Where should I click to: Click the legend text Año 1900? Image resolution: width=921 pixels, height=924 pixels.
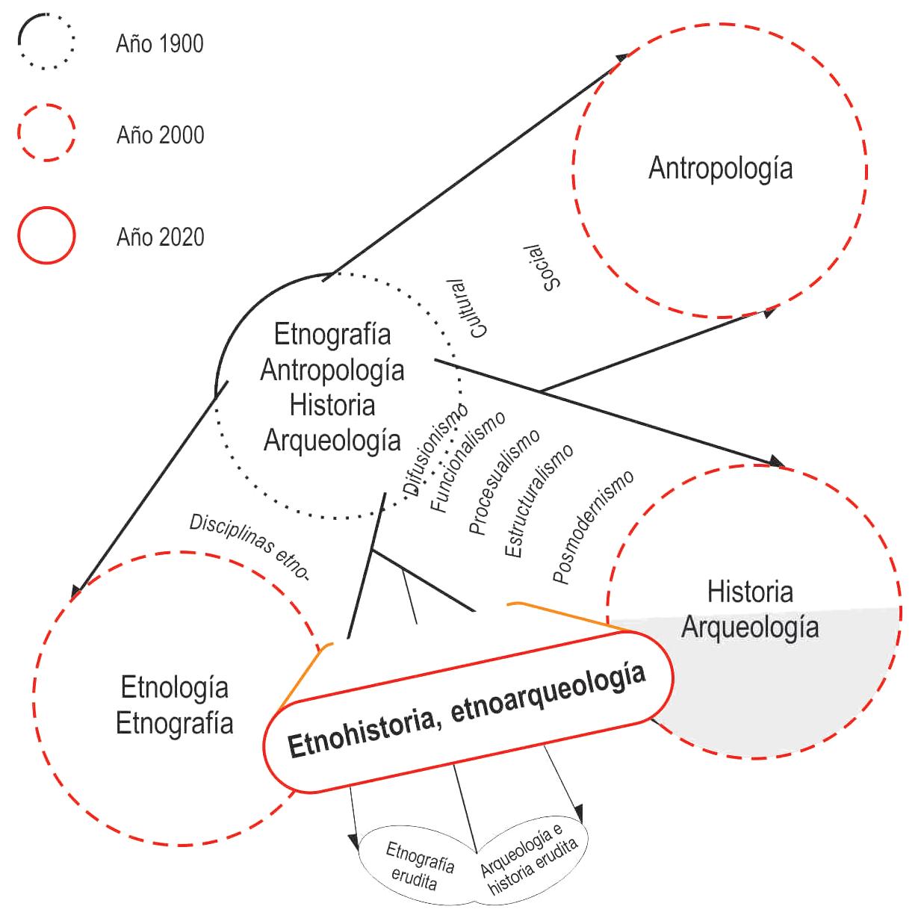click(159, 44)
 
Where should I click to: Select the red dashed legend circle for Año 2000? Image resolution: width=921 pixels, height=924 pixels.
click(46, 134)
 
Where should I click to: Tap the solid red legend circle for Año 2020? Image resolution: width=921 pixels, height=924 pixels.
click(46, 235)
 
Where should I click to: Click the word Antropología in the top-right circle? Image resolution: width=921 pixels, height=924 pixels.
click(720, 168)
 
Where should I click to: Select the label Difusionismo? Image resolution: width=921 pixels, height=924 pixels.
click(435, 448)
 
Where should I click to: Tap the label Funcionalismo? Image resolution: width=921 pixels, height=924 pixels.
click(468, 462)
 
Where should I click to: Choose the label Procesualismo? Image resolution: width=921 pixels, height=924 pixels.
click(504, 483)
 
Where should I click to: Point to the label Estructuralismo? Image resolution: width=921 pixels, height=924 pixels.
click(539, 500)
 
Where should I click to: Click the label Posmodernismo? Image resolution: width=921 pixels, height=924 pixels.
click(593, 527)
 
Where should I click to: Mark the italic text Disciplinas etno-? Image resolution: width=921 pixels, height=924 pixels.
click(249, 546)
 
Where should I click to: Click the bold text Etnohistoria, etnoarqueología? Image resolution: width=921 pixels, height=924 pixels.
click(467, 710)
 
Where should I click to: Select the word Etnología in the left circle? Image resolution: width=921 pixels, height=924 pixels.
click(174, 687)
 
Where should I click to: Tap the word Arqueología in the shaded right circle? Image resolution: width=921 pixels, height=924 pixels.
click(750, 627)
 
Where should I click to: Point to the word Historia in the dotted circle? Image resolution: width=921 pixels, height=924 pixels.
click(332, 406)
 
